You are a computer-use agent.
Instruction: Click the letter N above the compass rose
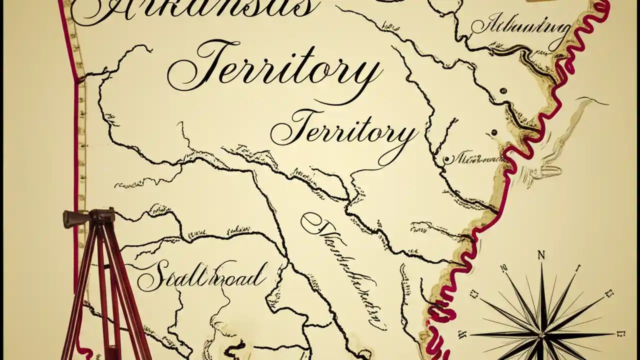click(541, 255)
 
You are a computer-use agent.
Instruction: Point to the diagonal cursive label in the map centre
click(345, 270)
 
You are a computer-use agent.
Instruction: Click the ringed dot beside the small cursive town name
click(446, 159)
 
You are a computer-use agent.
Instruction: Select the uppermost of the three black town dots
click(503, 91)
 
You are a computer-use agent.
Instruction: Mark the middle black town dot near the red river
click(494, 132)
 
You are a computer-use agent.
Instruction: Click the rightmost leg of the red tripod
click(135, 310)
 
